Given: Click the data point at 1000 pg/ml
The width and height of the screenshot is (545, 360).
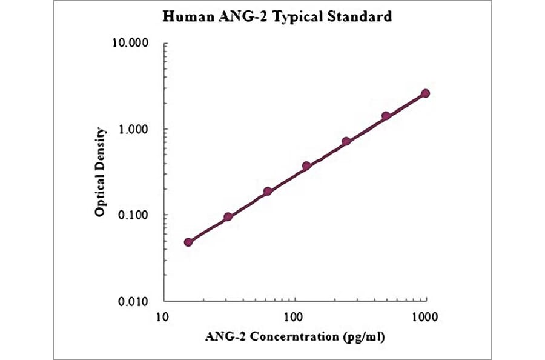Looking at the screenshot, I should point(425,93).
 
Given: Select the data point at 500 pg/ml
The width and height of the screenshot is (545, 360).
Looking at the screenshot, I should point(386,116).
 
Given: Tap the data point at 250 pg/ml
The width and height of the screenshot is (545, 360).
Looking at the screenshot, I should point(346,141).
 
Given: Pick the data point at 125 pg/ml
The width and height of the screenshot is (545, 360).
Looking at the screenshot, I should point(306,165).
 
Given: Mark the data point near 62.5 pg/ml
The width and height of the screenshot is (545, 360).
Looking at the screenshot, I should point(268,192).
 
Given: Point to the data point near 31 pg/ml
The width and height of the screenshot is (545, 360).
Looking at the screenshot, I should point(228,217).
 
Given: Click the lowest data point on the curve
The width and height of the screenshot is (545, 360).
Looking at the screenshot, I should point(188,242).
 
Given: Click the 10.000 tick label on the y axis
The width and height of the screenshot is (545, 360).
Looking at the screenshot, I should point(131,44).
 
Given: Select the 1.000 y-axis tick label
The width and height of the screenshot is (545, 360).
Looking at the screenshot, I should point(134,130).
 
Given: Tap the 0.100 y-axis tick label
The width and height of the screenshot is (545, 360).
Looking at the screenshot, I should point(134,216).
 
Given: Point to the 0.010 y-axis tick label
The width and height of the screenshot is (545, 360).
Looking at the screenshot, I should point(134,301).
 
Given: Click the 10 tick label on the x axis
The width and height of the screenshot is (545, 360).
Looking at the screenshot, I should point(162,316).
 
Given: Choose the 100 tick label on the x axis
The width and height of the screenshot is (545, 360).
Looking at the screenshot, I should point(294,316).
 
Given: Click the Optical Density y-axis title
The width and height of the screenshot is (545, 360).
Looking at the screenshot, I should point(101,172).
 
